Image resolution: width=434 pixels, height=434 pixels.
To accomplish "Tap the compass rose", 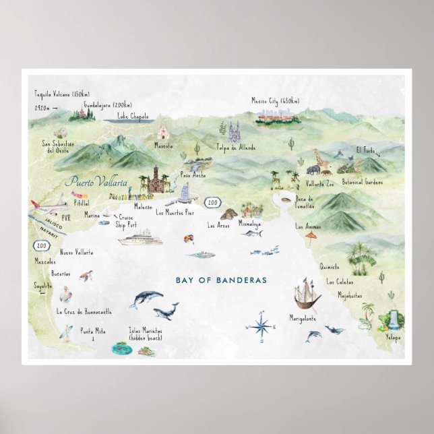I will coord(262,326).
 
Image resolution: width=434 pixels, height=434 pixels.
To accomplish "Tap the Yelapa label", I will coord(394,337).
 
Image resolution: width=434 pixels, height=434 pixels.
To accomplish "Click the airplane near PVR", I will coord(53,204).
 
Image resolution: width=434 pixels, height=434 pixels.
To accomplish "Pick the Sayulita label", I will coord(42,286).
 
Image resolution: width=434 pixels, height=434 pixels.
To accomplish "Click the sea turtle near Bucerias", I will coord(88,276).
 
